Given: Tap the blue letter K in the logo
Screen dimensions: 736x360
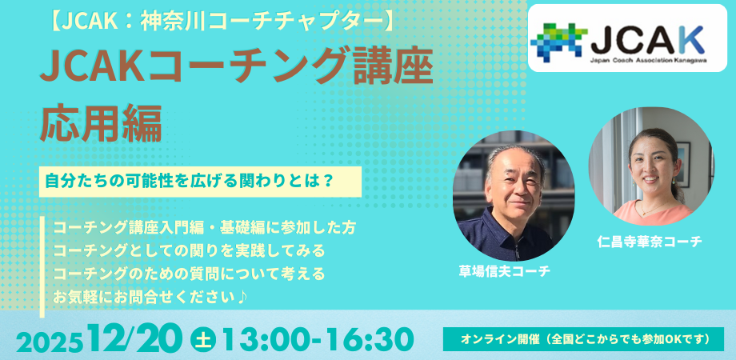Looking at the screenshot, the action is [x=693, y=39].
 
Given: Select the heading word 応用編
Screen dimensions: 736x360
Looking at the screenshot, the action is [x=101, y=122].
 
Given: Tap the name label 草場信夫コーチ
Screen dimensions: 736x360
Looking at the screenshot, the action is [x=505, y=271].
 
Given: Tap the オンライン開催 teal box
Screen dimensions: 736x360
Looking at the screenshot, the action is [x=583, y=339].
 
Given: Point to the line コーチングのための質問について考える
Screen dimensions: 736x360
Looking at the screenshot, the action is [x=189, y=274].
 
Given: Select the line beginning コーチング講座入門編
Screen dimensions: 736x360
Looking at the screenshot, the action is [x=204, y=228].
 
